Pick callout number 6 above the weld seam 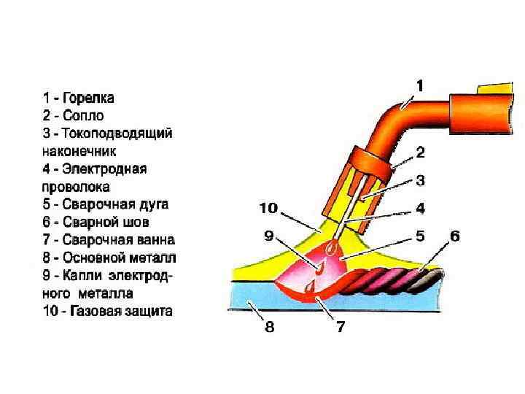pos(454,236)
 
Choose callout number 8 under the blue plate pos(269,327)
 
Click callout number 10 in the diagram pos(268,208)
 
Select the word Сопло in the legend pos(84,115)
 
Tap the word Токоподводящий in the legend pos(117,134)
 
